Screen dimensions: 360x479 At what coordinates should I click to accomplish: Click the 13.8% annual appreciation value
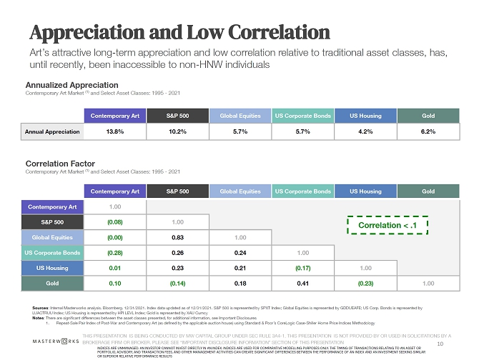pyautogui.click(x=115, y=131)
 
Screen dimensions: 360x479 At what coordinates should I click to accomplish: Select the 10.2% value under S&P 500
pyautogui.click(x=178, y=131)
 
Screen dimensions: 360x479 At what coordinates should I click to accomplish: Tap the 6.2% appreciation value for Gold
pyautogui.click(x=428, y=131)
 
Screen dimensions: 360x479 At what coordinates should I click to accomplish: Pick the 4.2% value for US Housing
pyautogui.click(x=365, y=131)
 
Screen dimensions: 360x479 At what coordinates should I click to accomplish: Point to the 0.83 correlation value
pyautogui.click(x=178, y=237)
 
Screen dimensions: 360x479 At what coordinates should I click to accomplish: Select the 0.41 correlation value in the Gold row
pyautogui.click(x=303, y=284)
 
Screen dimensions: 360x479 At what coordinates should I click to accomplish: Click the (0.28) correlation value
pyautogui.click(x=115, y=253)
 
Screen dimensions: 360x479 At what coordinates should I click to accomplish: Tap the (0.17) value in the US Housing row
pyautogui.click(x=303, y=269)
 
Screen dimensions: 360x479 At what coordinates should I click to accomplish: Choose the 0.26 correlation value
pyautogui.click(x=178, y=253)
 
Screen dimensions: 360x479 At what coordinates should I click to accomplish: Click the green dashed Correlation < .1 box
pyautogui.click(x=387, y=226)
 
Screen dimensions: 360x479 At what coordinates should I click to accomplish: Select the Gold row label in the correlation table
pyautogui.click(x=52, y=284)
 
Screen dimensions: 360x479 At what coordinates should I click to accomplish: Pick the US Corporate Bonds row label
pyautogui.click(x=52, y=253)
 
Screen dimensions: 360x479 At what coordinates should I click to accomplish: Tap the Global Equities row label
pyautogui.click(x=52, y=237)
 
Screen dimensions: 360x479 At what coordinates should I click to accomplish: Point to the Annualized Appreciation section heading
pyautogui.click(x=71, y=84)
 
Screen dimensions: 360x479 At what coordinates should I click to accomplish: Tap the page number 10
pyautogui.click(x=460, y=344)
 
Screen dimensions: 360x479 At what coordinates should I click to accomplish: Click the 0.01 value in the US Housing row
pyautogui.click(x=115, y=269)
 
